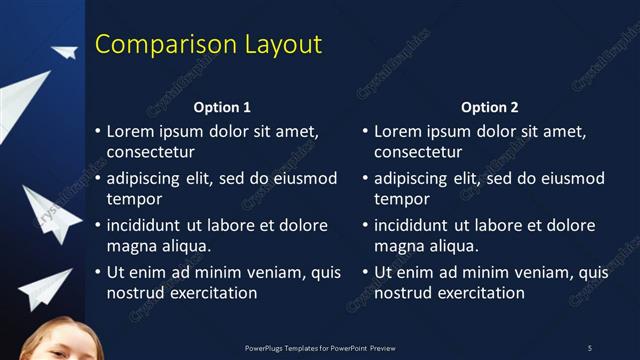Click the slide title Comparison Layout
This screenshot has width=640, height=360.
tap(208, 45)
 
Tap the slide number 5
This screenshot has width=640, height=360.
tap(590, 348)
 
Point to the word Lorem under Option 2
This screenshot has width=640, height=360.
tap(397, 131)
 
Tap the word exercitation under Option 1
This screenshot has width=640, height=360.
tap(211, 293)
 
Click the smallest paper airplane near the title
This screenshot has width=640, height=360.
tap(65, 52)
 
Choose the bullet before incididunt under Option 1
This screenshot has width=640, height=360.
tap(97, 225)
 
